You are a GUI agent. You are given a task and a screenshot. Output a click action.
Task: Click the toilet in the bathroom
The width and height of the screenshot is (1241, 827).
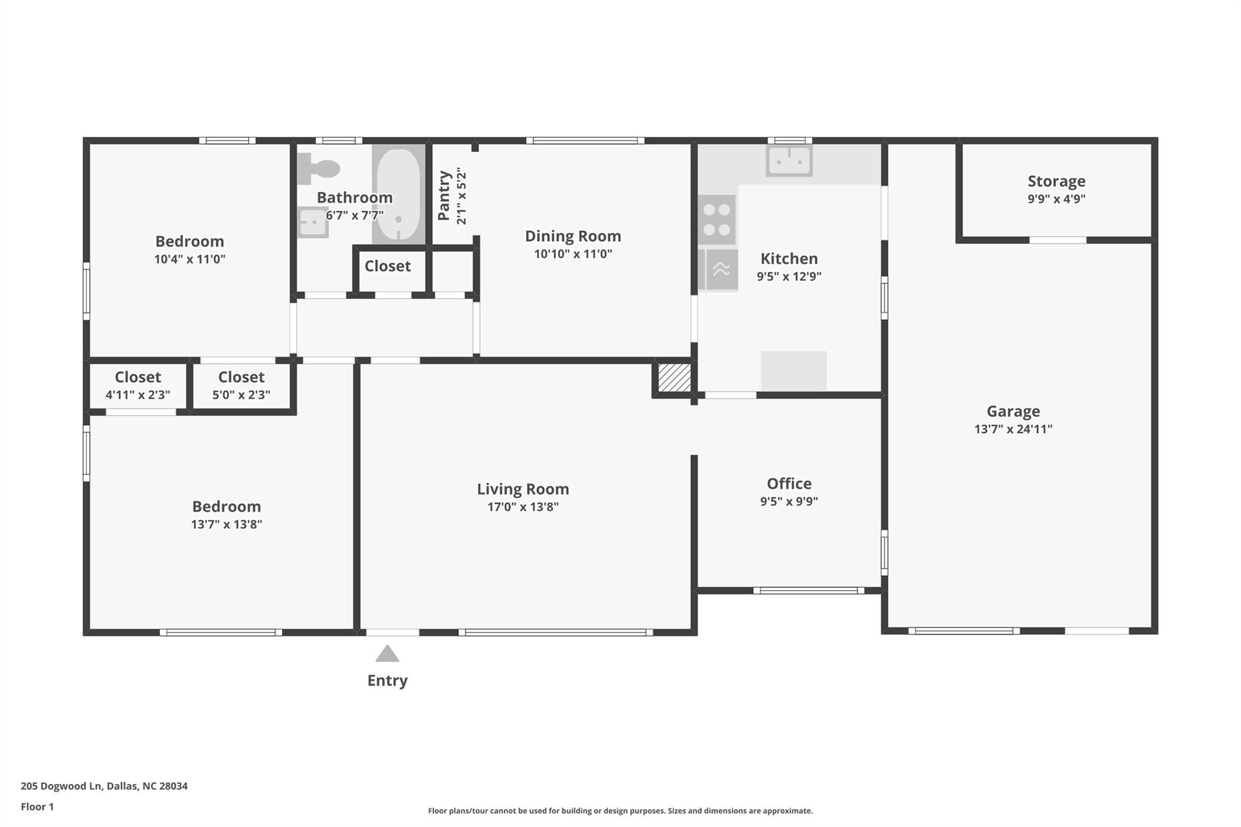(x=318, y=168)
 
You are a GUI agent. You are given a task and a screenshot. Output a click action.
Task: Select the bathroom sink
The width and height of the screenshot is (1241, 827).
(x=313, y=222)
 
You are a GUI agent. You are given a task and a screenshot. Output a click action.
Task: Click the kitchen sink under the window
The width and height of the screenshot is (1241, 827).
(x=789, y=161)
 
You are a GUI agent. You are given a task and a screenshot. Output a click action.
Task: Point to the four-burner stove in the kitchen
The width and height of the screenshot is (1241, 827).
(x=717, y=220)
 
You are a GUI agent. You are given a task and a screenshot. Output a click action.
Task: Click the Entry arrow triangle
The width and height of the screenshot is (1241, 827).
(x=387, y=654)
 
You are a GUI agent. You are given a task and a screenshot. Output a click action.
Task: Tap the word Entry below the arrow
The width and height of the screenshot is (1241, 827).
(x=387, y=680)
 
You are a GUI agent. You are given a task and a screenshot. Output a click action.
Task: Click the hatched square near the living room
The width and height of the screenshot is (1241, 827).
(x=674, y=377)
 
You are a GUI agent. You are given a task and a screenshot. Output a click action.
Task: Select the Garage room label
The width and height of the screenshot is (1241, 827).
(x=1013, y=411)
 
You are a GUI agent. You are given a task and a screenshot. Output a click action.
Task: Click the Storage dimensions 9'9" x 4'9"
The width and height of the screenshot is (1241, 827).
(x=1056, y=199)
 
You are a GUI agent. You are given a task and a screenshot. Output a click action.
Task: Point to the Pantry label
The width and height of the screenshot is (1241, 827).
(x=444, y=195)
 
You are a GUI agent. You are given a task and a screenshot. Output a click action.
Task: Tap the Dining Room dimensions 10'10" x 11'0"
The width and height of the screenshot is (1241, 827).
(x=573, y=254)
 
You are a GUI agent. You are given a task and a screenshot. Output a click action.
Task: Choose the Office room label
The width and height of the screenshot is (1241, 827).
(x=789, y=483)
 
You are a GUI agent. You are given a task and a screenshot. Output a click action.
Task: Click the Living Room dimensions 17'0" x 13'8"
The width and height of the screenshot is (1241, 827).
(x=523, y=506)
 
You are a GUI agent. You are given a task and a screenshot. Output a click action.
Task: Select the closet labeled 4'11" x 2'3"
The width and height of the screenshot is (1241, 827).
(x=138, y=385)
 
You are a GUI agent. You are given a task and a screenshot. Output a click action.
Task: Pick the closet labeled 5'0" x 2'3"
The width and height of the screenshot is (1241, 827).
(x=241, y=385)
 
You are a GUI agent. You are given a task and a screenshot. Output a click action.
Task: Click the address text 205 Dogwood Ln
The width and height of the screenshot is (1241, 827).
(x=61, y=786)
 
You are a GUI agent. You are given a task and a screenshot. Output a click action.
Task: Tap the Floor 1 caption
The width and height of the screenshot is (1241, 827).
(x=37, y=806)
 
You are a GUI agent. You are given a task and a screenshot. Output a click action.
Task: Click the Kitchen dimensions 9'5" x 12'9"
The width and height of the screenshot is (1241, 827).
(x=789, y=276)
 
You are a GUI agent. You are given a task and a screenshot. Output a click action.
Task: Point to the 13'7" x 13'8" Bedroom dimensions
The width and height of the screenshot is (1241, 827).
(x=227, y=524)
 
